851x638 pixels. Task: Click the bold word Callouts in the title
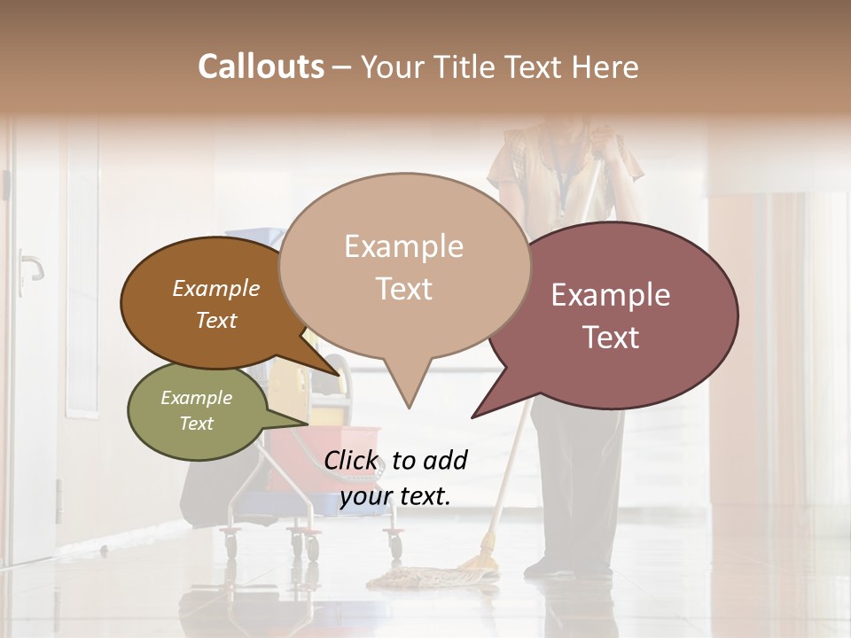[261, 66]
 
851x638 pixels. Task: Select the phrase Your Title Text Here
[500, 66]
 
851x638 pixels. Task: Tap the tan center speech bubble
[404, 266]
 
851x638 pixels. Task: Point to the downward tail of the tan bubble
[408, 390]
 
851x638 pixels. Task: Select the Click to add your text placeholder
[395, 478]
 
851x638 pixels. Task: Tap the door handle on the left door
[30, 266]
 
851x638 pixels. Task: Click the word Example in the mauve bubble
[611, 295]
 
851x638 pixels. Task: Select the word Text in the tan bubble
[404, 289]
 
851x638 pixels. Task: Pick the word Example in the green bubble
[197, 398]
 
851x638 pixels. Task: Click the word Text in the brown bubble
[215, 320]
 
